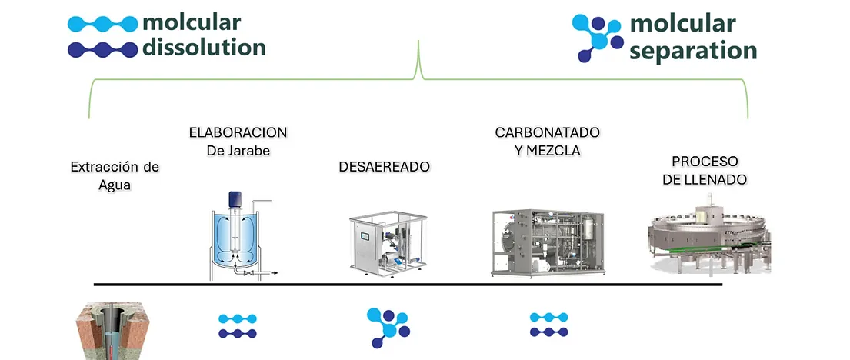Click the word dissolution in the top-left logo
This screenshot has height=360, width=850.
tap(204, 48)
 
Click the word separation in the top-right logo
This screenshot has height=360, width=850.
tap(693, 51)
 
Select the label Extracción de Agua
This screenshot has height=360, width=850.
tap(114, 176)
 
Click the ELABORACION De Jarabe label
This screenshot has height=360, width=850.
tap(238, 142)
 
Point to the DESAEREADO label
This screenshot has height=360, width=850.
tap(384, 167)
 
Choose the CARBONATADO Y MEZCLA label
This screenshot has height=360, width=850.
tap(547, 142)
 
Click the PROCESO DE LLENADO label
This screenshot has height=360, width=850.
tap(705, 170)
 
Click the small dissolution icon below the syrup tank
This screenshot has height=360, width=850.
tap(238, 325)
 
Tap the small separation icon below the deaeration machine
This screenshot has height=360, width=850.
tap(387, 326)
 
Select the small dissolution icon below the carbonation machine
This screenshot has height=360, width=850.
tap(548, 325)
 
